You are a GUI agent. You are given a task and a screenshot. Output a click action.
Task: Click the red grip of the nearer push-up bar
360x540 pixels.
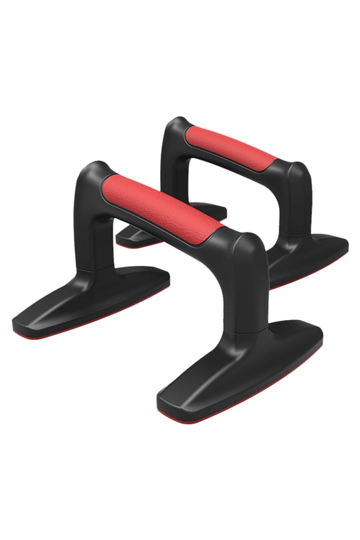point(164,203)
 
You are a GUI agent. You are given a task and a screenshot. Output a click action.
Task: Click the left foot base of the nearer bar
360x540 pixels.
point(94,300)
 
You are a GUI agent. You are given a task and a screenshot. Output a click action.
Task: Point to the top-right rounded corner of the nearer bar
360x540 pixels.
point(247,241)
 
